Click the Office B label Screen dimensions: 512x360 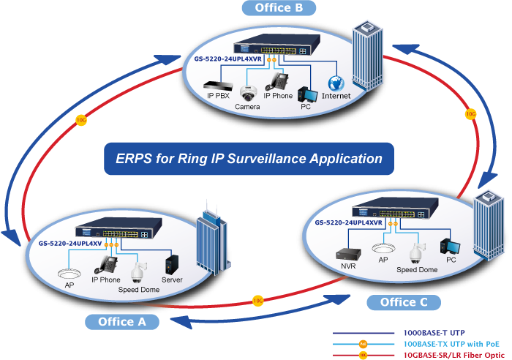click(279, 8)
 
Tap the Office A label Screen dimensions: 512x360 click(122, 322)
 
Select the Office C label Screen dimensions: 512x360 click(404, 302)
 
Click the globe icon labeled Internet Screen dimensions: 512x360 click(336, 83)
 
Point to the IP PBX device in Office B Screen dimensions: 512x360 click(218, 86)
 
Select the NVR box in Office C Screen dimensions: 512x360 click(348, 254)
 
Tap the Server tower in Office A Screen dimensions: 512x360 click(172, 264)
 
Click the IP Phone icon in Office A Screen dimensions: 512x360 click(106, 265)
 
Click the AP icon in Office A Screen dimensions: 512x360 click(69, 274)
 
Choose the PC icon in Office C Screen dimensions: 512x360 click(450, 247)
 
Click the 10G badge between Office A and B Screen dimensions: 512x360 click(81, 120)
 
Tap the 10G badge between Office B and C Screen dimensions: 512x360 click(470, 114)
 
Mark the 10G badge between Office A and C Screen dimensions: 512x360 click(258, 301)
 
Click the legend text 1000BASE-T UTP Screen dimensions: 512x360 click(434, 333)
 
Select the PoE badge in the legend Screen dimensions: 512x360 click(363, 344)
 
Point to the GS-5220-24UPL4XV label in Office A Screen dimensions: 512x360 click(70, 244)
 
